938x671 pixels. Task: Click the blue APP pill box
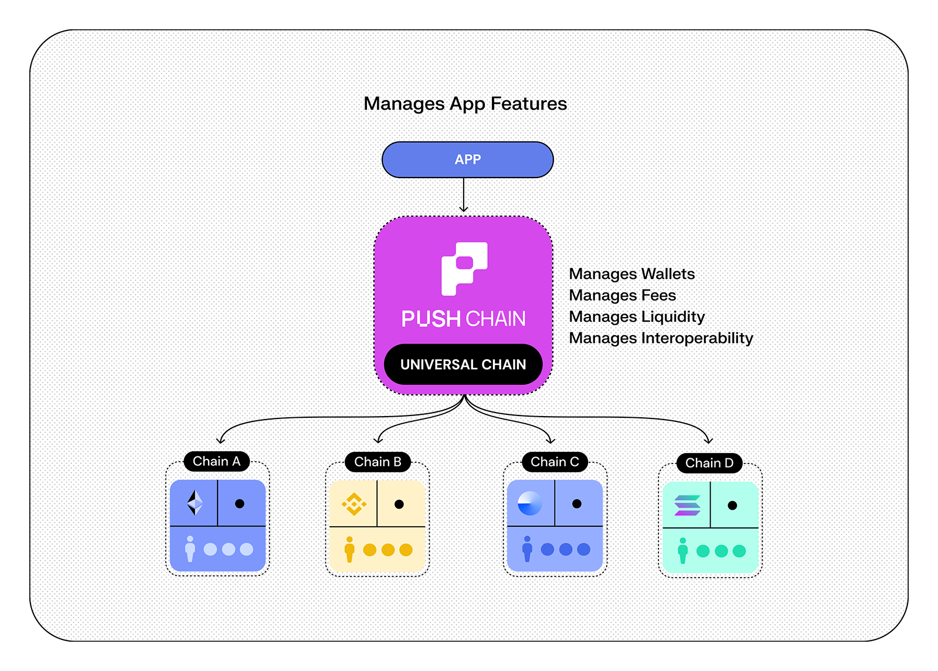(x=467, y=159)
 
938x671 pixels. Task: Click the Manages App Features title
(x=465, y=104)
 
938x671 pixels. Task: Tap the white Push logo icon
(x=464, y=268)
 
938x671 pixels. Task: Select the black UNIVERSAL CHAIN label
(x=463, y=365)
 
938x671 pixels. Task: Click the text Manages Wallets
(x=631, y=274)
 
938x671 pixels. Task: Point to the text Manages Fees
(x=622, y=295)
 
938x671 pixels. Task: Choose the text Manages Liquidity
(x=637, y=316)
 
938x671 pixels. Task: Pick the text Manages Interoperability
(x=661, y=338)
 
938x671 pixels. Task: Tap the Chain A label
(x=216, y=461)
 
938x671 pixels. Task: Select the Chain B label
(x=378, y=462)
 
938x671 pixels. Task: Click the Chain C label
(x=555, y=462)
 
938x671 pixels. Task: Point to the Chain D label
(x=709, y=463)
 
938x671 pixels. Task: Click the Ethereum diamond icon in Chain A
(x=195, y=503)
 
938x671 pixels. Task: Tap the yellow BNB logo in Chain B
(x=354, y=504)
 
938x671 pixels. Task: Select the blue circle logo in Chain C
(x=530, y=503)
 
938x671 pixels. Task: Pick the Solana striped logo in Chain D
(x=687, y=505)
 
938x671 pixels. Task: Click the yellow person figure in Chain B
(x=349, y=549)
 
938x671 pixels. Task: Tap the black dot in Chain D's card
(x=732, y=505)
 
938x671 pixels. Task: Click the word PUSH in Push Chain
(x=431, y=319)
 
